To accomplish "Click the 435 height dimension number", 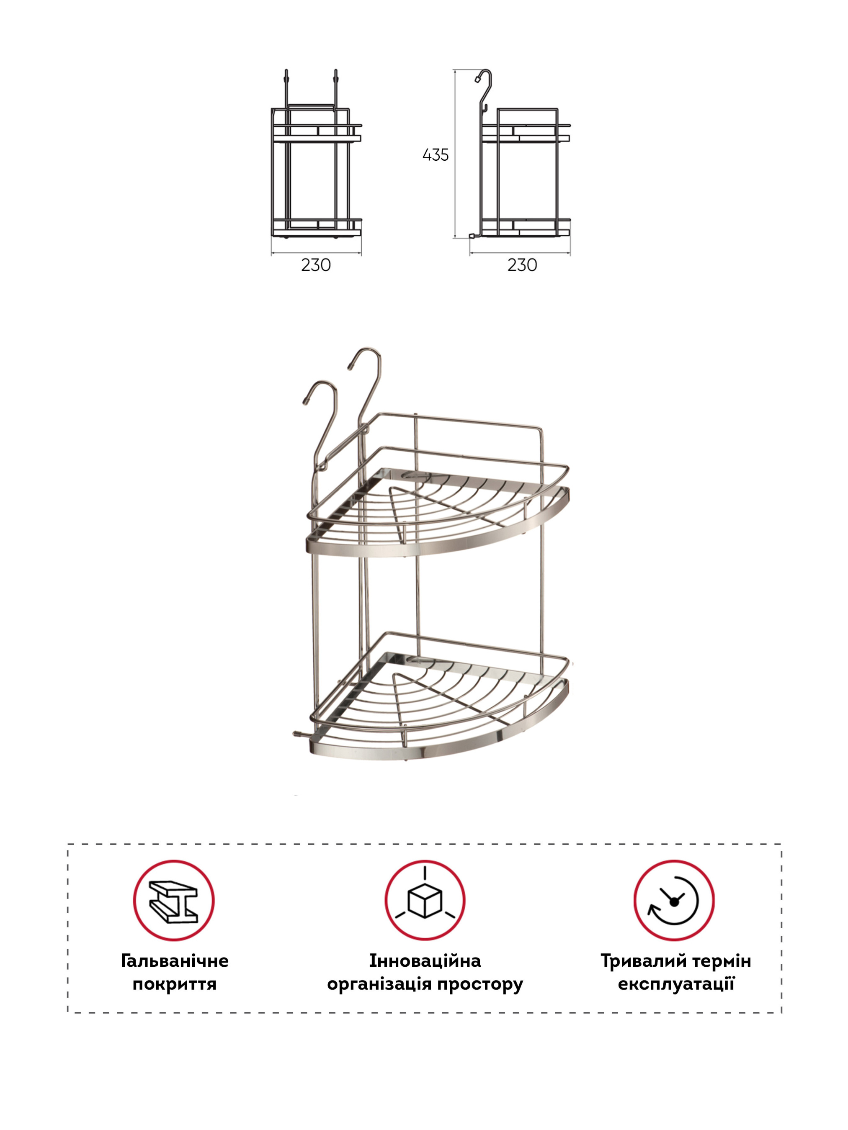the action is point(435,155).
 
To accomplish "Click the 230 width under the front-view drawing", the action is point(316,265).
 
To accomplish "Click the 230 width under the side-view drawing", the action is point(522,265).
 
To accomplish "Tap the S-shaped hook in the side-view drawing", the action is point(482,92).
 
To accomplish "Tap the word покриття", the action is point(174,984).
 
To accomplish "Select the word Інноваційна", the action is point(425,961).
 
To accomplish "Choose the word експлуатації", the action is point(676,984).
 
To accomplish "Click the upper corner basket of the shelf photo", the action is point(438,511).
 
